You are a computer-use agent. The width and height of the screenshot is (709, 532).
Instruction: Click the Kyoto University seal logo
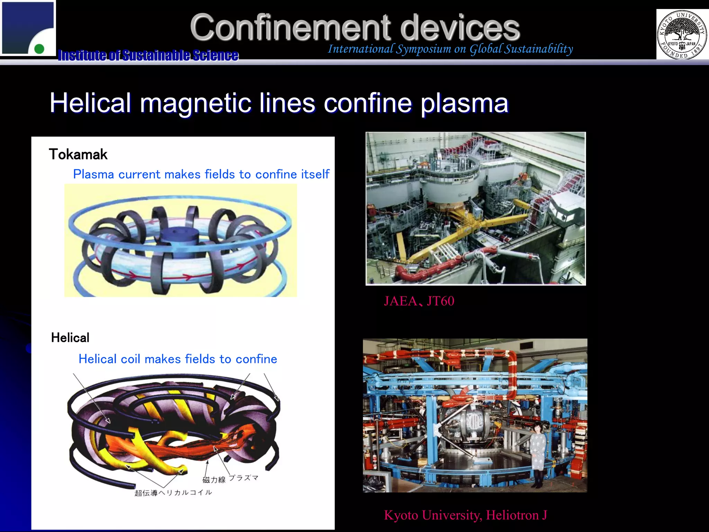tap(682, 35)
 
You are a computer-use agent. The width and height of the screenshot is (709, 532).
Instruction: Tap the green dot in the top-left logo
tap(39, 49)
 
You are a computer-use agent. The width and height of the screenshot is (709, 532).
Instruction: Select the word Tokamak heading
tap(78, 154)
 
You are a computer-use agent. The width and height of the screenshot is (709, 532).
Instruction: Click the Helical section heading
tap(70, 338)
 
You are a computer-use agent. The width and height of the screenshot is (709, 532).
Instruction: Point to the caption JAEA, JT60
tap(419, 301)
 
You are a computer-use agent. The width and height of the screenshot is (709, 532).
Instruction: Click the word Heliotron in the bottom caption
tap(512, 515)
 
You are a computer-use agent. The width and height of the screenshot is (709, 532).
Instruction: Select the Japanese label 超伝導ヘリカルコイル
tap(173, 493)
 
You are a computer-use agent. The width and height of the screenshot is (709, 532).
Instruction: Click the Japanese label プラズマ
tap(244, 478)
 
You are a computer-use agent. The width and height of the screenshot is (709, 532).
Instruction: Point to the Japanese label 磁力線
tap(214, 480)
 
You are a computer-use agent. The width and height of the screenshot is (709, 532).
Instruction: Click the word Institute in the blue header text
tap(82, 55)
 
